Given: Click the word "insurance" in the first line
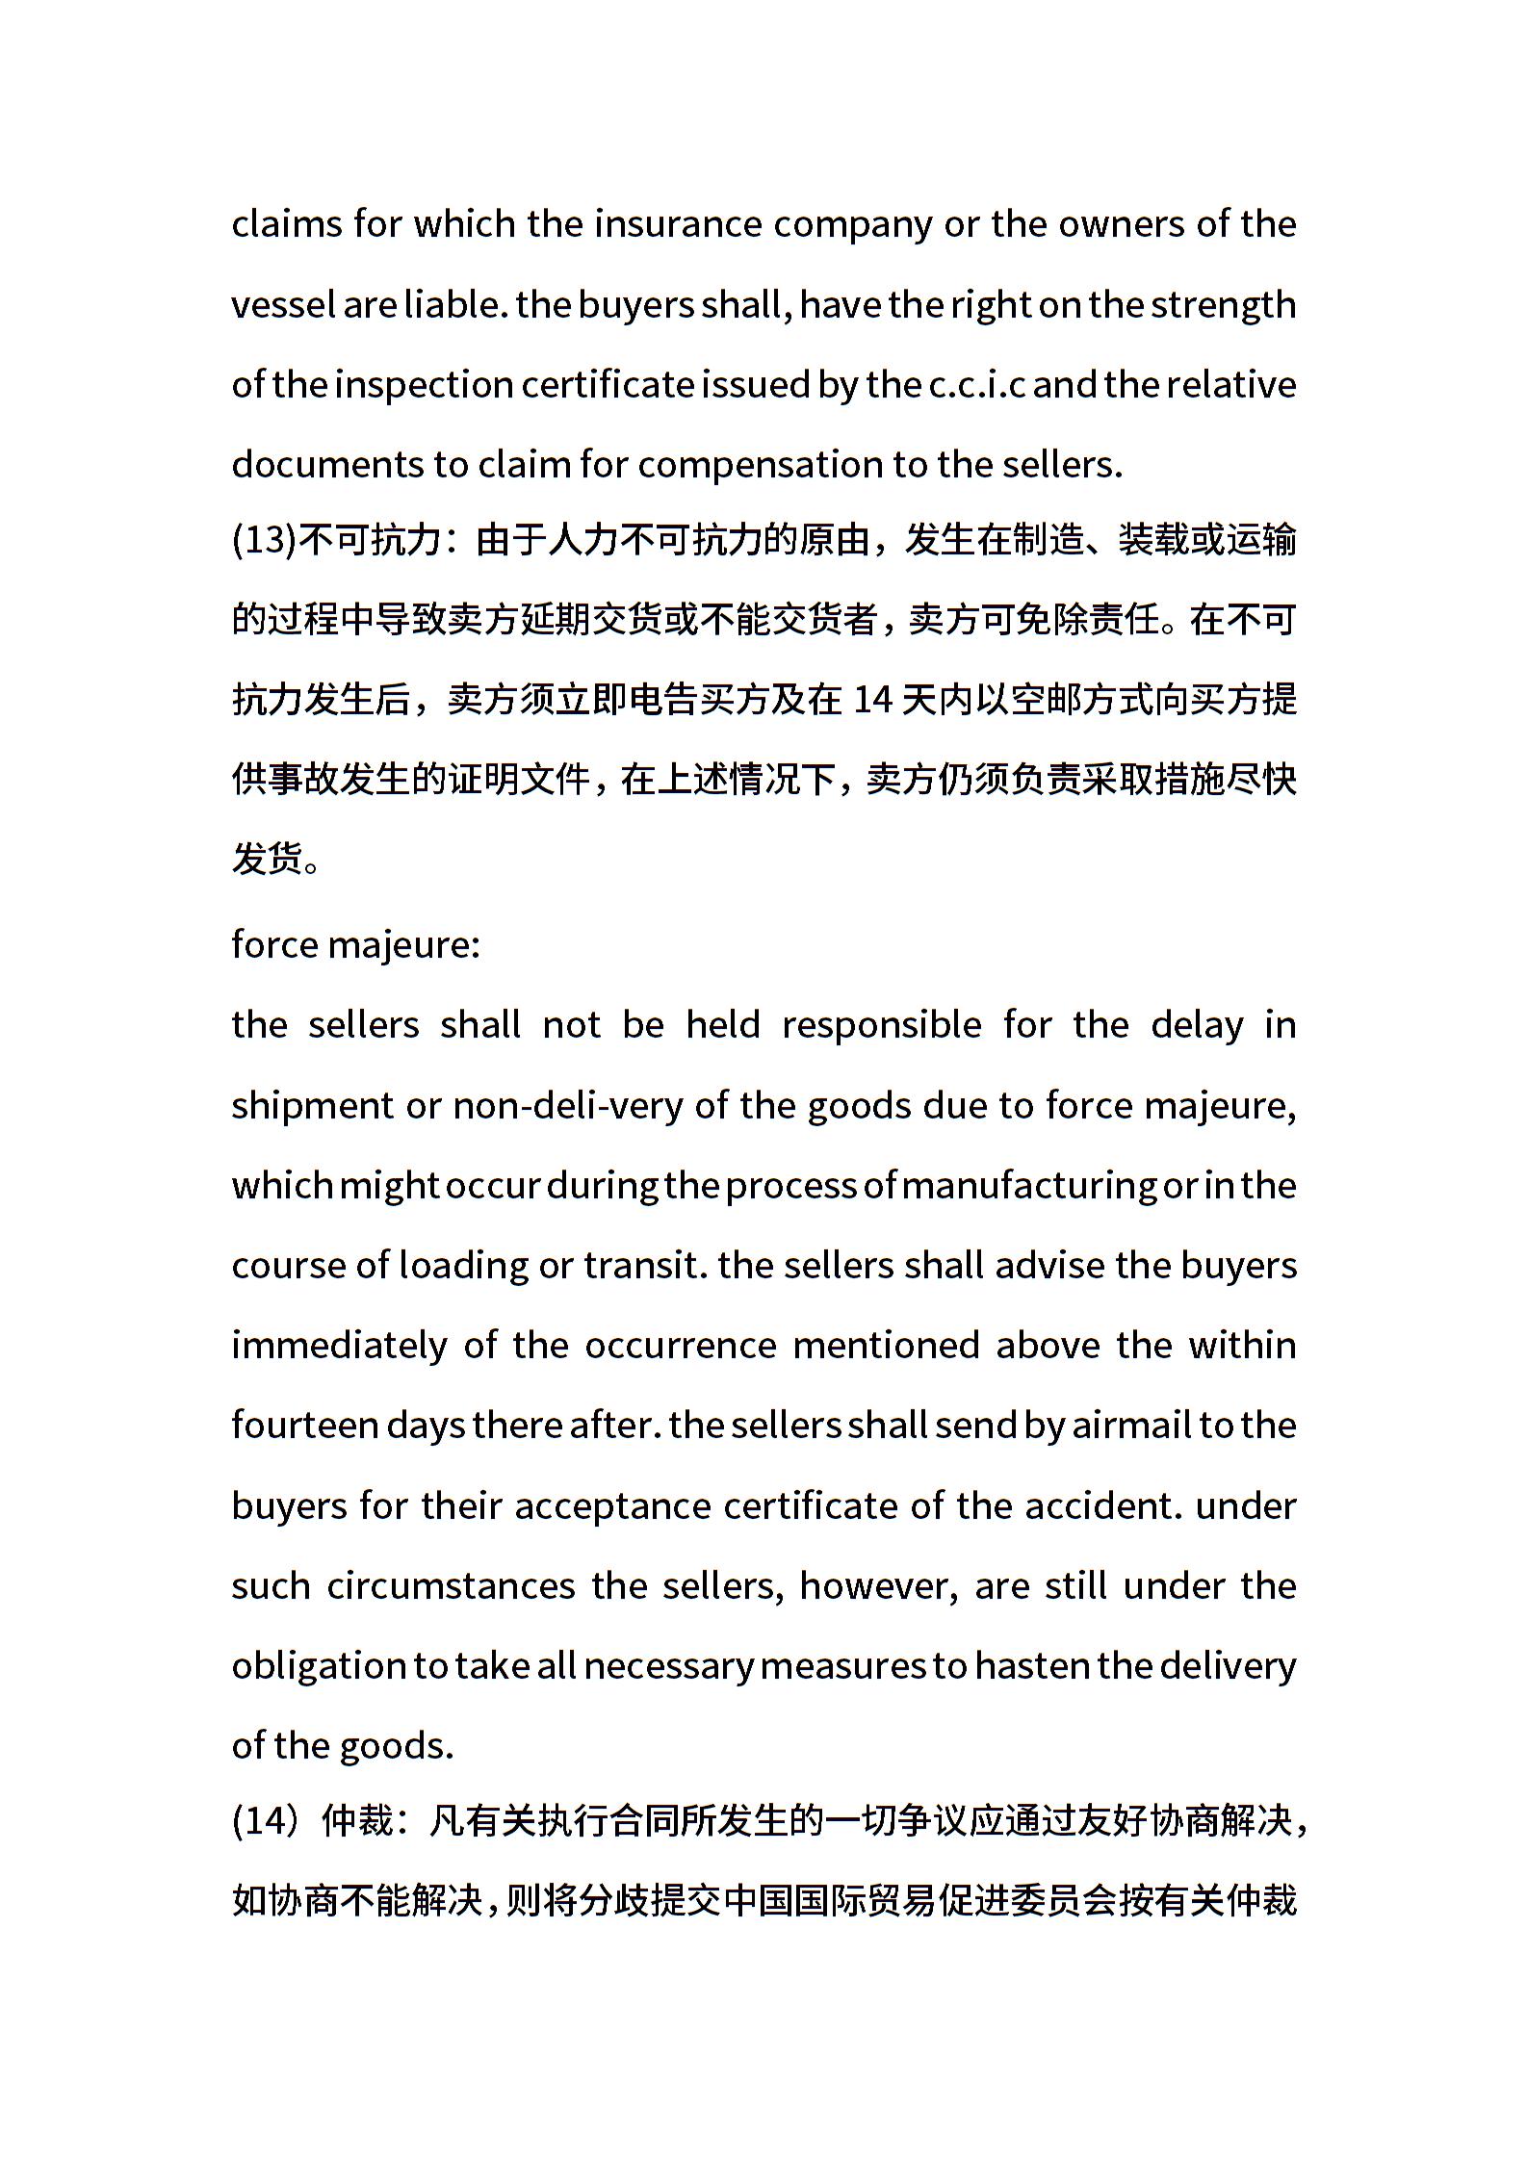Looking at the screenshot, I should (x=678, y=224).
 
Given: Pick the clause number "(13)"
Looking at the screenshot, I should (x=263, y=540).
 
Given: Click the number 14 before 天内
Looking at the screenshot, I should (x=873, y=700).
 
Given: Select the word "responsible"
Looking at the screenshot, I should (x=881, y=1025).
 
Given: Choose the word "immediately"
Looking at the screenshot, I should (x=340, y=1345).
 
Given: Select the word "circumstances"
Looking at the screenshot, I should (x=451, y=1585).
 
